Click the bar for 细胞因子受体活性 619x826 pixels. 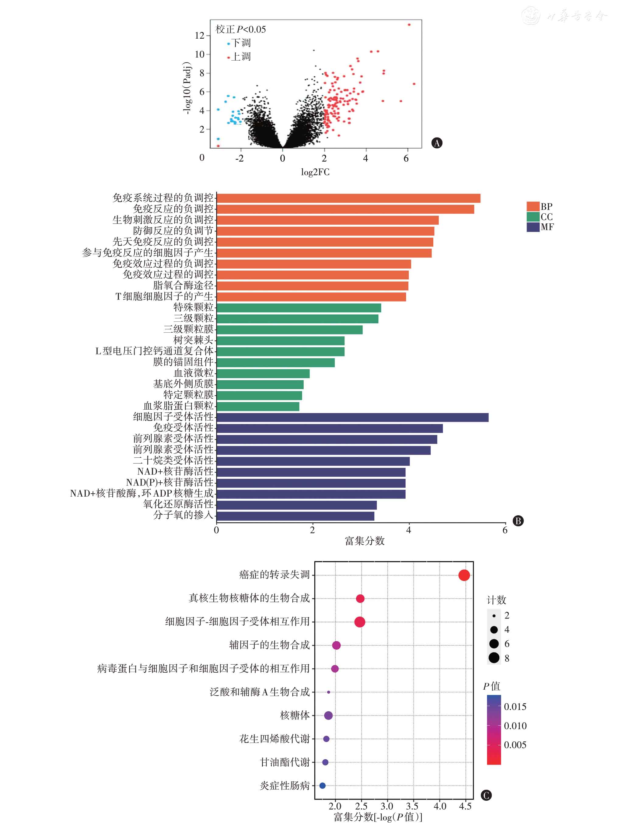click(352, 417)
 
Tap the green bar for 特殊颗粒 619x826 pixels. click(299, 308)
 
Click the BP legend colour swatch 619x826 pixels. click(533, 206)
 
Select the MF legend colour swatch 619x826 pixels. click(533, 227)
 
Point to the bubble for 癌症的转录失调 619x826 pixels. click(464, 575)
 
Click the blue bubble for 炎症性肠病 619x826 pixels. click(323, 785)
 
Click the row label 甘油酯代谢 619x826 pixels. click(285, 762)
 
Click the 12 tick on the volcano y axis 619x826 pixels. click(200, 36)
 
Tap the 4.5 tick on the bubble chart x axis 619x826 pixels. click(465, 806)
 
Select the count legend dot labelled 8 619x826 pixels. click(494, 658)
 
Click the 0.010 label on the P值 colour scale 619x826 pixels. click(515, 726)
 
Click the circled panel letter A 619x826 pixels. click(437, 143)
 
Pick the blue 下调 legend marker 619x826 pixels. click(229, 44)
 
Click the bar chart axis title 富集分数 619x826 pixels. click(364, 541)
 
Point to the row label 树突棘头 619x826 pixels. click(193, 340)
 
